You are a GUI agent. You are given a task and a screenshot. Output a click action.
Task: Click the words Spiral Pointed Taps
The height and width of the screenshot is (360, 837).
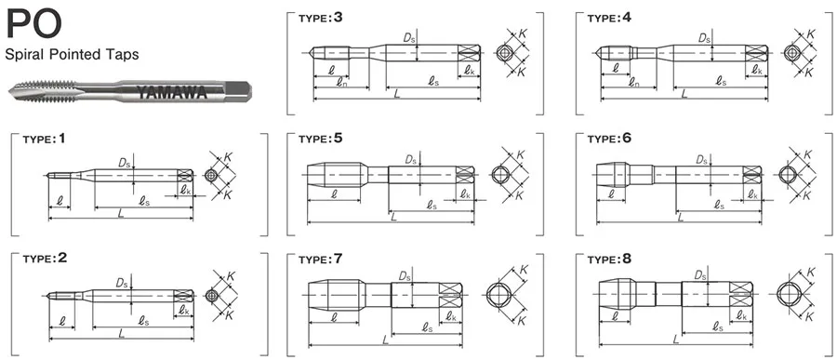pyautogui.click(x=72, y=55)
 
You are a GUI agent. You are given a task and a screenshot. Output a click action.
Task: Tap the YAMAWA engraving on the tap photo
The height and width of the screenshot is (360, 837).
pyautogui.click(x=171, y=92)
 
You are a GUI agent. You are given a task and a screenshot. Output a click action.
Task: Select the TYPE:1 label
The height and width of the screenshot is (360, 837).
pyautogui.click(x=45, y=139)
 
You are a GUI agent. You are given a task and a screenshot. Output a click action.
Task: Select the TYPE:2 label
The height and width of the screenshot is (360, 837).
pyautogui.click(x=45, y=259)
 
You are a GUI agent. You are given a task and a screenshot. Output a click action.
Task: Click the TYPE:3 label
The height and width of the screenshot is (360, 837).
pyautogui.click(x=320, y=18)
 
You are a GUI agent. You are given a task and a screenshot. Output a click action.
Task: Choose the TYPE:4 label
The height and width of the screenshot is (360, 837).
pyautogui.click(x=609, y=18)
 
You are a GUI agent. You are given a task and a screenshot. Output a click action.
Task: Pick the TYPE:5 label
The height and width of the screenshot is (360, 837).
pyautogui.click(x=320, y=139)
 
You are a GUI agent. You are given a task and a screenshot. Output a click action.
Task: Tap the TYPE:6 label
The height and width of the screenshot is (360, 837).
pyautogui.click(x=609, y=139)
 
